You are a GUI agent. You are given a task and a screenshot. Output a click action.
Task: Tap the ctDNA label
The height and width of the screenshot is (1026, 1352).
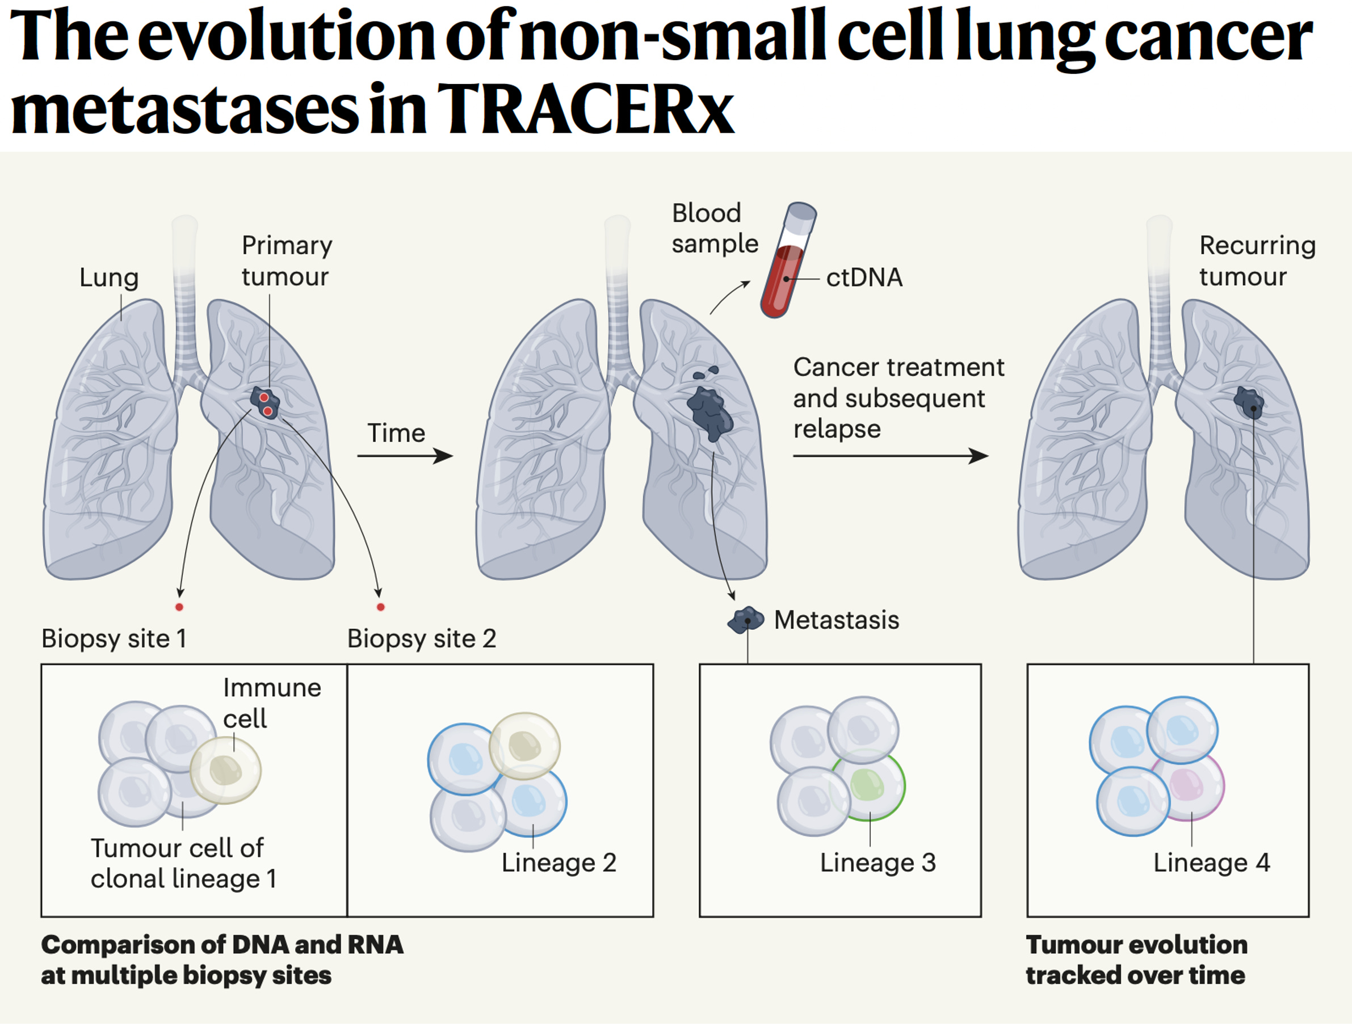[x=864, y=278]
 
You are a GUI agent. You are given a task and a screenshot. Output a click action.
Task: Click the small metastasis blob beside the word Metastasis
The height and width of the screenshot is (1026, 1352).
[x=745, y=620]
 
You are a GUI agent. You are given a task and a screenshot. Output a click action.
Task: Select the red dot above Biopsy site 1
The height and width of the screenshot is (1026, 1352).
[x=179, y=607]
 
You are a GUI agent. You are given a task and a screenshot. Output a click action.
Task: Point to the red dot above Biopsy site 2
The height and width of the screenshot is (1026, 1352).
[x=380, y=607]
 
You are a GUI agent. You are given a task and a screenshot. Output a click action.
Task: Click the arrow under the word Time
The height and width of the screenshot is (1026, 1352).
[x=405, y=456]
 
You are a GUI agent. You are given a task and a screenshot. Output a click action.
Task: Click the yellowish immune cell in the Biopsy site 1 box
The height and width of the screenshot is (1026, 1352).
[x=225, y=770]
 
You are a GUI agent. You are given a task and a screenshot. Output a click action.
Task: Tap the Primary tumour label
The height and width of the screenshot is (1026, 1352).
[x=286, y=261]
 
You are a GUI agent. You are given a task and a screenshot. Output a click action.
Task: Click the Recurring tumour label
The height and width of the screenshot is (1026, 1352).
[x=1256, y=261]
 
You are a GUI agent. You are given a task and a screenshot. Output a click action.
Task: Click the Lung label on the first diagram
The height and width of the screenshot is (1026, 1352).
[x=109, y=278]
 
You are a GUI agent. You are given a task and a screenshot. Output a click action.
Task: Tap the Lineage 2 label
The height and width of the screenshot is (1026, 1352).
[x=559, y=862]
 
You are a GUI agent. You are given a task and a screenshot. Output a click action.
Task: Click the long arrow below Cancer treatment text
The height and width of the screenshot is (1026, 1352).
[x=889, y=456]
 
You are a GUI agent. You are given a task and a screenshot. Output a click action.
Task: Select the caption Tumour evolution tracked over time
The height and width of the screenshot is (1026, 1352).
[x=1136, y=960]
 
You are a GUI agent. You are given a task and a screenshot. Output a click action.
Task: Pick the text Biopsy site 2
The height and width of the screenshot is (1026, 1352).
[x=421, y=638]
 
